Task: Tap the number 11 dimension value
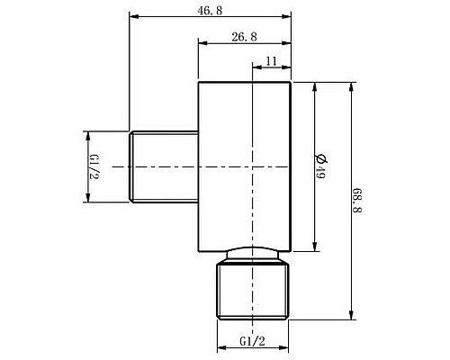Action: click(272, 60)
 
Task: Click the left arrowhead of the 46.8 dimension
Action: click(133, 15)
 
